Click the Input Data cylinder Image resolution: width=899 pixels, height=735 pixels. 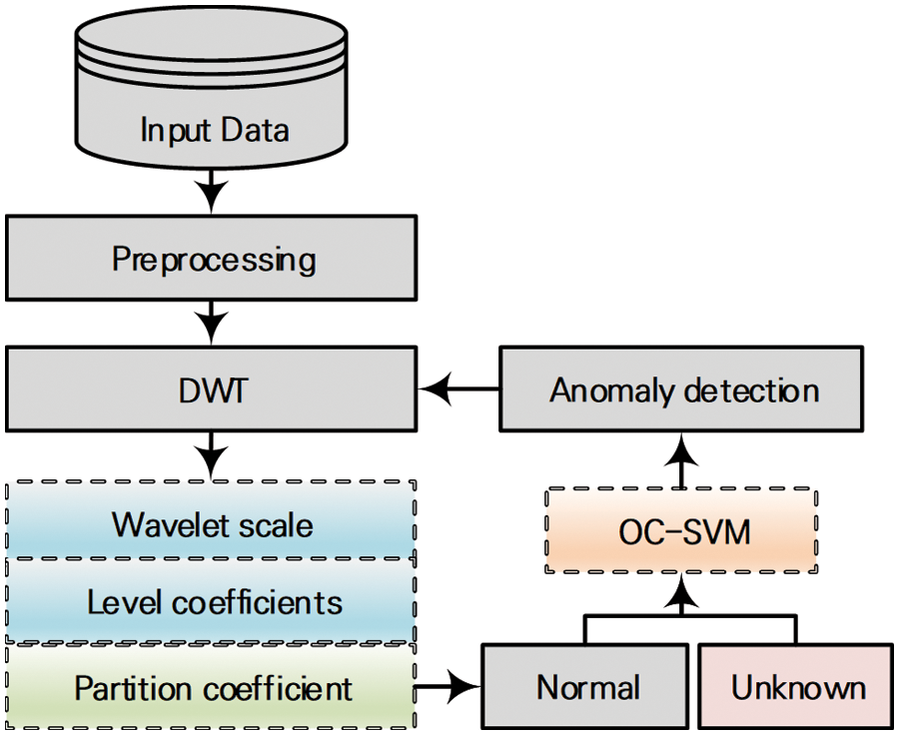pos(213,100)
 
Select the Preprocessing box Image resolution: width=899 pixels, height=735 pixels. pos(213,260)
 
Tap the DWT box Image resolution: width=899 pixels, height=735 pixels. pos(213,390)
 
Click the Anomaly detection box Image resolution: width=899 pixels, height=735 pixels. pos(683,390)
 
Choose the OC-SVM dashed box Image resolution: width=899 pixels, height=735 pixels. pos(683,531)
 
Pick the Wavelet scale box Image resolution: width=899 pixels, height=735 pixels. pos(212,522)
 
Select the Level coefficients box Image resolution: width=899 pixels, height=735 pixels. pos(212,601)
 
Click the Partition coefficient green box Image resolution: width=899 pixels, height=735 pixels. pos(212,687)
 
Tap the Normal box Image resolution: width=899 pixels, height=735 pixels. pos(586,687)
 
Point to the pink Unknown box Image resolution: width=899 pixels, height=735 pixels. pos(797,687)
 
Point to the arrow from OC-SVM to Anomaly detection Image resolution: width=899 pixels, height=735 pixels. pos(683,462)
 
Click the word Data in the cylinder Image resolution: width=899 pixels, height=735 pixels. pos(256,130)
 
